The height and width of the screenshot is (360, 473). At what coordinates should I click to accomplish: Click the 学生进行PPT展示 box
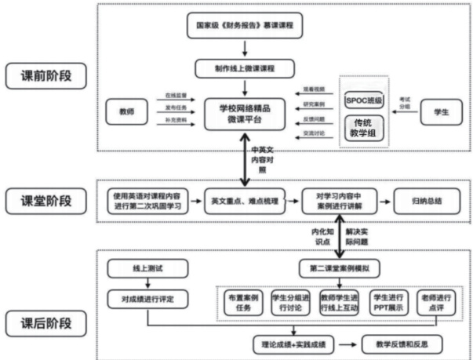tap(391, 304)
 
